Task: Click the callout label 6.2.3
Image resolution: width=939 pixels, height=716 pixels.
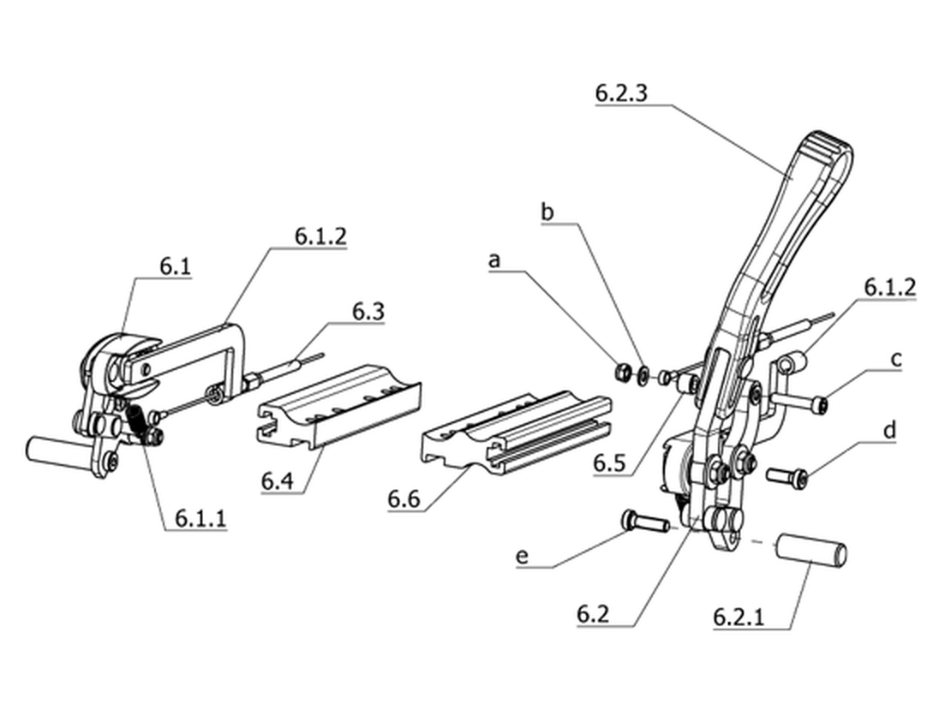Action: [x=621, y=94]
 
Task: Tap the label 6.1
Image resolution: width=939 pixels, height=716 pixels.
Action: [x=176, y=266]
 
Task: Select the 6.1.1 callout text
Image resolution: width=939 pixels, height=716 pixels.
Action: [x=201, y=518]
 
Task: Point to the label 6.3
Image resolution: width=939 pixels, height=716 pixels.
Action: [x=368, y=312]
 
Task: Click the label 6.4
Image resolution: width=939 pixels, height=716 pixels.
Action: [x=278, y=480]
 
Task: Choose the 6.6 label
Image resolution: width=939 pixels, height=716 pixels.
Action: [x=404, y=498]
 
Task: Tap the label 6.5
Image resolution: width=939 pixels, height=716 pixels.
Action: [x=610, y=462]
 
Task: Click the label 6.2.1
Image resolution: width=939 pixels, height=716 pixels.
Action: [x=739, y=616]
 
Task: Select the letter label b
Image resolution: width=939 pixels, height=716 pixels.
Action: [x=547, y=212]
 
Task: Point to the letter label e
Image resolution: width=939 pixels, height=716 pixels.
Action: [x=523, y=556]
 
